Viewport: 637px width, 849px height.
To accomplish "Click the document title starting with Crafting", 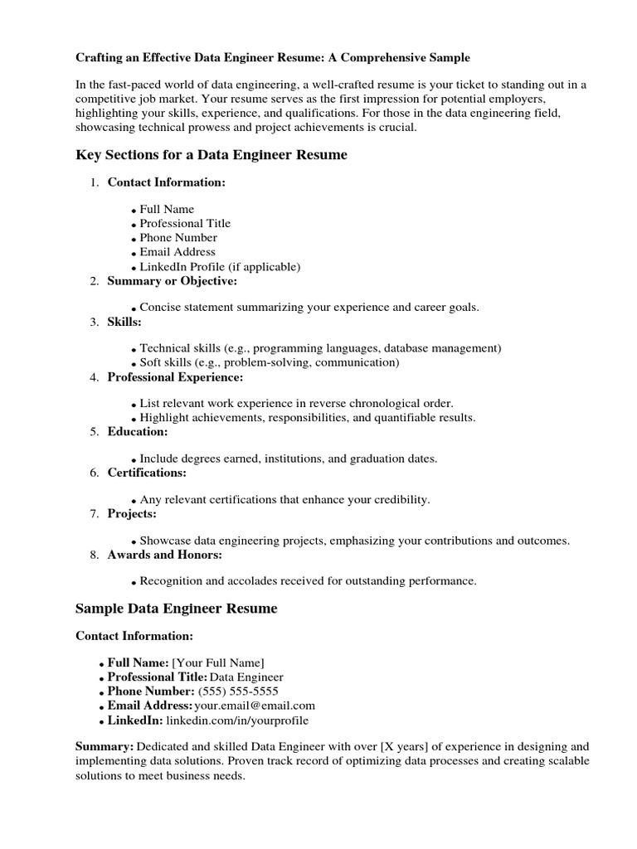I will tap(273, 58).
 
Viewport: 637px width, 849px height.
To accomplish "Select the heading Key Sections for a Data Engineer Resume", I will tap(212, 155).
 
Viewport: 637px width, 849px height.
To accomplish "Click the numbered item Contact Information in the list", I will tap(166, 182).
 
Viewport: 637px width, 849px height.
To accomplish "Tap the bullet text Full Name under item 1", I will tap(167, 209).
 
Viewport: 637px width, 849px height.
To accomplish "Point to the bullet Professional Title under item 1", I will tap(185, 223).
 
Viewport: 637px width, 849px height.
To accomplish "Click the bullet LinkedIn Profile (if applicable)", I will tap(220, 267).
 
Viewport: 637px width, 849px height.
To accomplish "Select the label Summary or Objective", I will tap(172, 281).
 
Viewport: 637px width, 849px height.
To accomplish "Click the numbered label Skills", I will tap(124, 322).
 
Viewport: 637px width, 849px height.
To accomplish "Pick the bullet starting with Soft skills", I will tap(269, 362).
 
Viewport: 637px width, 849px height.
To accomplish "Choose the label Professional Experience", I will tap(175, 377).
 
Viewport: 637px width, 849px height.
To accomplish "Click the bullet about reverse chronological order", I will tap(296, 403).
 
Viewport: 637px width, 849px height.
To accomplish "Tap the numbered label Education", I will tap(138, 431).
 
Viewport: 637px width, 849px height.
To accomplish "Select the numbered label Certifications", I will tap(147, 473).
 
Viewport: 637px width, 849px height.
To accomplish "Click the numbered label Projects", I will tap(132, 513).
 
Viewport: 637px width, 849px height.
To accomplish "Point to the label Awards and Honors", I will tap(164, 554).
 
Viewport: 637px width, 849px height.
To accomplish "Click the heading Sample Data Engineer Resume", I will tap(177, 609).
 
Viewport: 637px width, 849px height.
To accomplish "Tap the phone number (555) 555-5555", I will tap(238, 691).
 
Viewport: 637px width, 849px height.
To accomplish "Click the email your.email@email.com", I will tap(255, 706).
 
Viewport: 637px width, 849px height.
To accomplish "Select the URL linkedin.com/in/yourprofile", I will tap(237, 720).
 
